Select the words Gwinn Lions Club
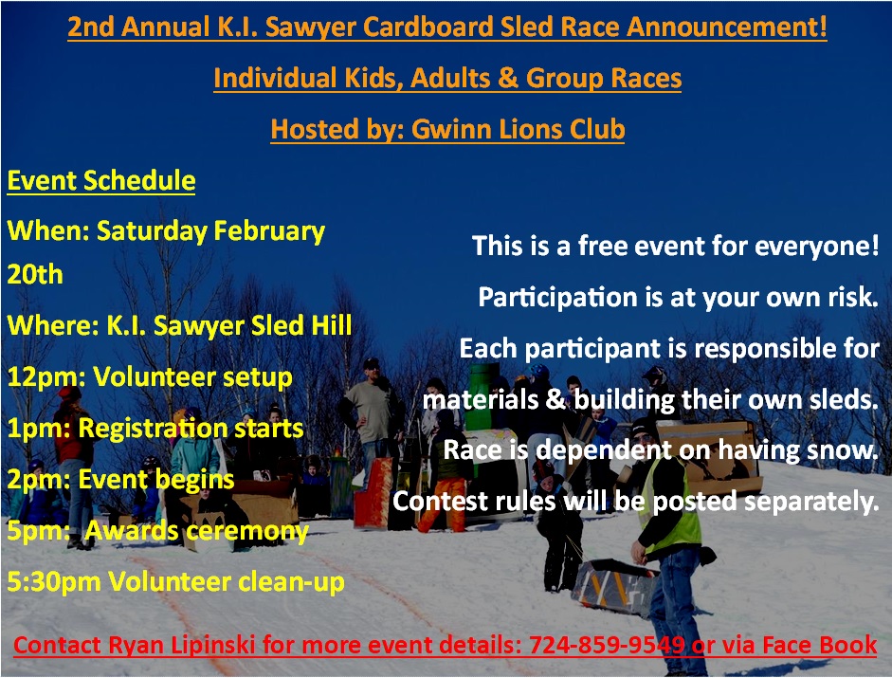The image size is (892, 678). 518,129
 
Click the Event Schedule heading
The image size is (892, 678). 101,180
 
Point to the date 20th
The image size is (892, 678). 35,274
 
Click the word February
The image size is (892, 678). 269,231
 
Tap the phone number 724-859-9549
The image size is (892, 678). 607,645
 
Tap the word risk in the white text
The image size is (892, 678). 853,297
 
